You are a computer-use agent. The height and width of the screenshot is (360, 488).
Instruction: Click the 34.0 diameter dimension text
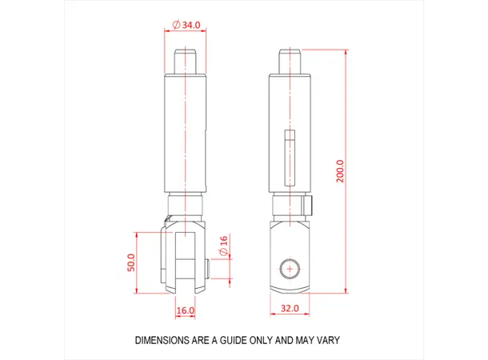click(x=190, y=25)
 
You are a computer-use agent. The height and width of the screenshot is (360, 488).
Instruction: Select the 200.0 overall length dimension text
click(x=340, y=171)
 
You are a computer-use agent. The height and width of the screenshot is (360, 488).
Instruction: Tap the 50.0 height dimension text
click(x=131, y=262)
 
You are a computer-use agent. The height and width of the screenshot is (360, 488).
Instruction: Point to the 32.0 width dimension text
click(x=289, y=307)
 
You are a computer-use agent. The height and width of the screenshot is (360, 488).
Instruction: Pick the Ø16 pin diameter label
click(x=223, y=246)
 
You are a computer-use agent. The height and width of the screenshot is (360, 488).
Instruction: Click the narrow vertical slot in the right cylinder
click(x=291, y=156)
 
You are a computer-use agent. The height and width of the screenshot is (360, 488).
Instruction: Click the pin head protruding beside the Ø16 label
click(x=207, y=270)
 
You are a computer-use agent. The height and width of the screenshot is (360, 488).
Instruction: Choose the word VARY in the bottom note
click(x=326, y=340)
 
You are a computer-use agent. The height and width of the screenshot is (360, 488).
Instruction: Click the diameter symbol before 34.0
click(x=176, y=25)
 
